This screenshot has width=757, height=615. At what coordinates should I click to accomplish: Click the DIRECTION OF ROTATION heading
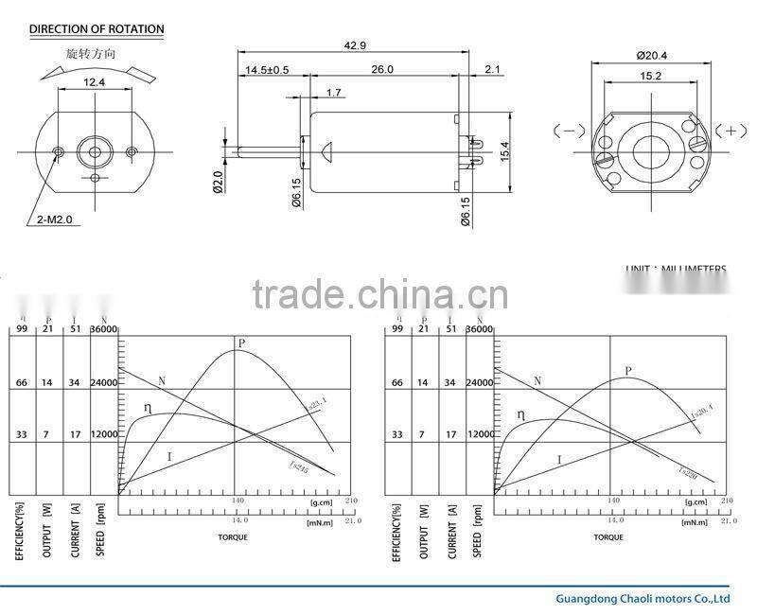coord(97,29)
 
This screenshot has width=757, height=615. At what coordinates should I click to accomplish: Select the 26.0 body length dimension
coord(383,69)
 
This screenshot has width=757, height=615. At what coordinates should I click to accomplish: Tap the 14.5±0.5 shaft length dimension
coord(268,70)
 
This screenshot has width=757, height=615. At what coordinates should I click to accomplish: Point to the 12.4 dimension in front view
coord(94,84)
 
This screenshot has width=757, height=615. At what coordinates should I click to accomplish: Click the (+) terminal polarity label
coord(731,131)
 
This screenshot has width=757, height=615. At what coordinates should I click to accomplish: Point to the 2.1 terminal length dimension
coord(491,69)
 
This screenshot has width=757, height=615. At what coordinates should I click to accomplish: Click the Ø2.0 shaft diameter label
coord(217,181)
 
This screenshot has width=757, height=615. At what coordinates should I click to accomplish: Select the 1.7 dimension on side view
coord(333,92)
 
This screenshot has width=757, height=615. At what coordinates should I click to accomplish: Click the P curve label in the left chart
coord(242,343)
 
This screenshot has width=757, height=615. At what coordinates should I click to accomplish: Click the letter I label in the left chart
coord(169,457)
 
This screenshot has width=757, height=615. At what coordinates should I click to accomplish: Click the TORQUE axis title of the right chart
coord(608,536)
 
